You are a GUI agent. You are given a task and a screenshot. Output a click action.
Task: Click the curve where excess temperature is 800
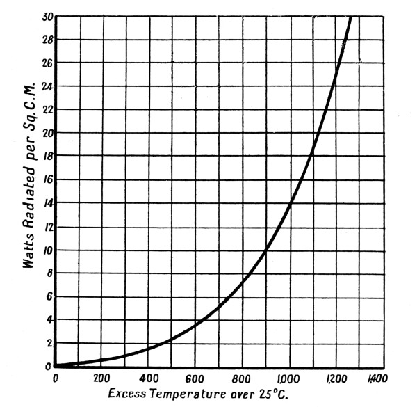point(243,282)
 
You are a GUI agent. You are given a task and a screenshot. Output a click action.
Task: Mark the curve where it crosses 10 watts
point(266,249)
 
